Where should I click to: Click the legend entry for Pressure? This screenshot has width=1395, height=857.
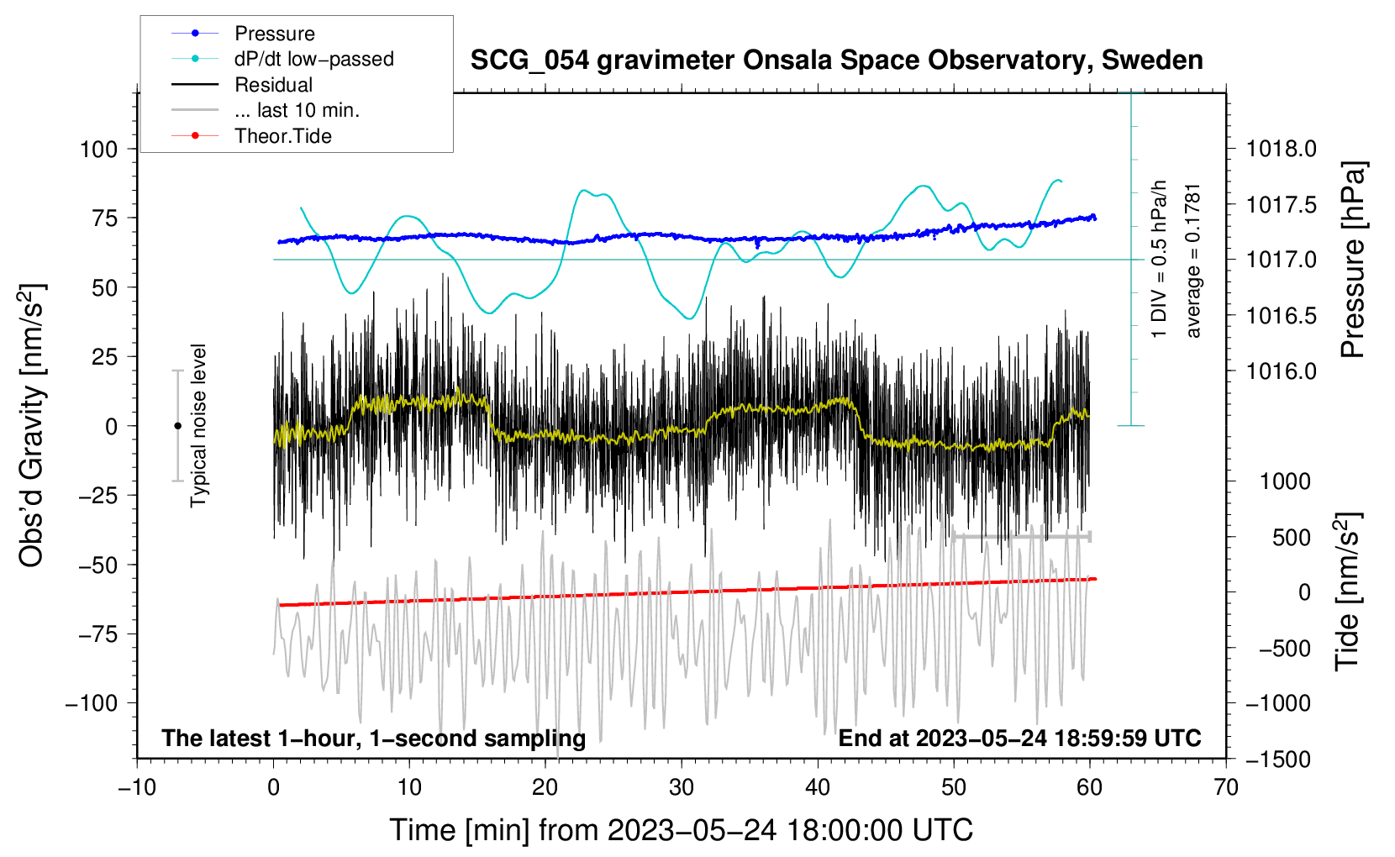(x=274, y=34)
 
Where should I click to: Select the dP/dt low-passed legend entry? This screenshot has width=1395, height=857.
(x=313, y=59)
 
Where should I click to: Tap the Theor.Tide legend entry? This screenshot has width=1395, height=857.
(x=282, y=136)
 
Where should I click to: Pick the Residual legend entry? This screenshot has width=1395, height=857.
(x=273, y=85)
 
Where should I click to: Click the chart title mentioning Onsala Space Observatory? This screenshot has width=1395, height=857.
(x=836, y=60)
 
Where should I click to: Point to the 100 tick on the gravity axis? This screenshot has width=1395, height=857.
(x=98, y=150)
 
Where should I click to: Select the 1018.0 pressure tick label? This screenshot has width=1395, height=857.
(x=1282, y=150)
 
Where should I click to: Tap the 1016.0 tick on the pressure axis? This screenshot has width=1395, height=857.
(x=1282, y=371)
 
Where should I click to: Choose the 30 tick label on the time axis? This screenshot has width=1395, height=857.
(x=682, y=788)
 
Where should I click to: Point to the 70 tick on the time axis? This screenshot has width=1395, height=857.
(x=1226, y=788)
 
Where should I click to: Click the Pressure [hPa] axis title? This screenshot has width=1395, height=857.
(x=1353, y=260)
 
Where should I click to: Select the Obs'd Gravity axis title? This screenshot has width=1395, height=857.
(x=32, y=426)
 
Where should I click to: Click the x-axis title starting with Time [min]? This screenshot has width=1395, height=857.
(x=682, y=830)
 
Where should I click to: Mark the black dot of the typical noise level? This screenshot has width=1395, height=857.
(x=177, y=426)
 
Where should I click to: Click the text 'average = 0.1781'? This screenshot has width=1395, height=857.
(x=1193, y=260)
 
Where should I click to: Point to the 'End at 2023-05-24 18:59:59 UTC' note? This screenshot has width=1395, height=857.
(x=1019, y=739)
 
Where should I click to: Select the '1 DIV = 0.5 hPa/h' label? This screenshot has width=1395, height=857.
(x=1160, y=259)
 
